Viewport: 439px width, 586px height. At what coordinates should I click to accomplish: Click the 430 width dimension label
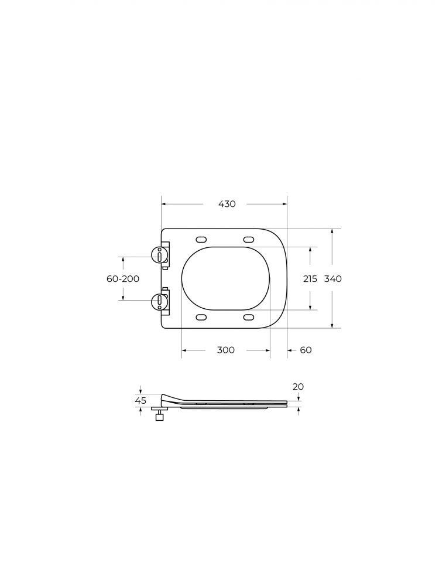point(227,204)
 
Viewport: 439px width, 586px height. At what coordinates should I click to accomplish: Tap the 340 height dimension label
point(332,279)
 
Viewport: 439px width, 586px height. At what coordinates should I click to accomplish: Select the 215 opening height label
point(310,279)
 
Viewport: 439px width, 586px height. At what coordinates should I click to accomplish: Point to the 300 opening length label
point(226,350)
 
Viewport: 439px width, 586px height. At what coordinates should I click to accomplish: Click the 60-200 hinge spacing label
point(123,279)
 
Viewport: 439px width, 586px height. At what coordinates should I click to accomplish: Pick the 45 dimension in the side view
point(140,401)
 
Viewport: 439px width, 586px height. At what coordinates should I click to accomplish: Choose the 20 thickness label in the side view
point(298,387)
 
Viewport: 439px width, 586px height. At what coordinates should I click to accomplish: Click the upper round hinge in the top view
point(159,255)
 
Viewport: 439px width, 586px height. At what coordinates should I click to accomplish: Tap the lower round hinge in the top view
point(159,301)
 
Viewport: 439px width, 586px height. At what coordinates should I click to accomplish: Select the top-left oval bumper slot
point(201,239)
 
